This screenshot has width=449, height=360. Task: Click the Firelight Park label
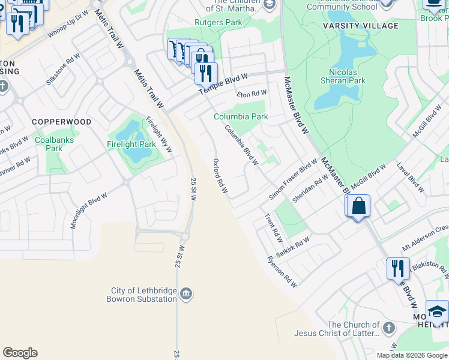(131, 145)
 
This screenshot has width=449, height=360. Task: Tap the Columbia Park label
(241, 116)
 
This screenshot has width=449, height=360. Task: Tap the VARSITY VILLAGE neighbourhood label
(369, 26)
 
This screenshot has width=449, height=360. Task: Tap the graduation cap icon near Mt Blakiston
(438, 312)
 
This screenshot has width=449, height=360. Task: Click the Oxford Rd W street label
(220, 176)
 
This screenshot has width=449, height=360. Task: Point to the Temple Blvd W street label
(223, 84)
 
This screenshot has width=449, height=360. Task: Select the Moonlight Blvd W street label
(89, 210)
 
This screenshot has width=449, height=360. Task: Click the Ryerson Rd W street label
(282, 272)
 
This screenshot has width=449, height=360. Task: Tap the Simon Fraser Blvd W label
(294, 179)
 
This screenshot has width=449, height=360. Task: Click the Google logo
(20, 353)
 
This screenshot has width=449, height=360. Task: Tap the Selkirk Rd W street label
(294, 246)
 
